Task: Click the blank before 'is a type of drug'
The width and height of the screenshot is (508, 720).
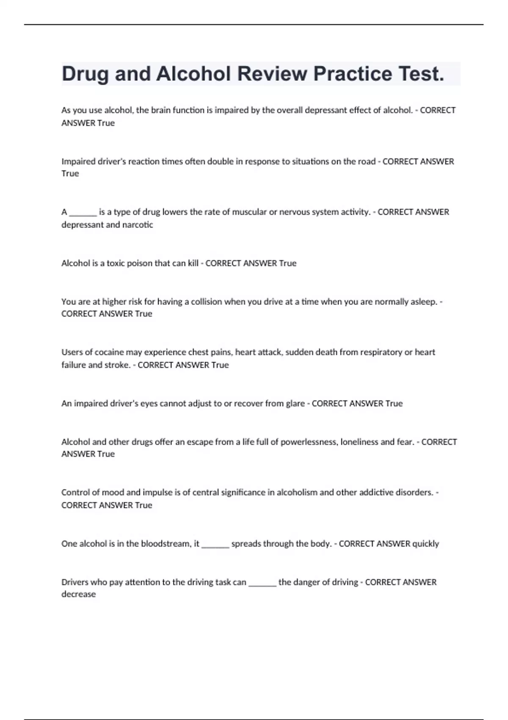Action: pos(83,212)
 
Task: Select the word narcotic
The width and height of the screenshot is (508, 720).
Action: pos(138,224)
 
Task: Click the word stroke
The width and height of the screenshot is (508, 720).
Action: pos(117,365)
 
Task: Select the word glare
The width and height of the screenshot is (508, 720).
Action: pos(295,403)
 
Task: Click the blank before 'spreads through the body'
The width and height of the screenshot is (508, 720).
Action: pos(215,544)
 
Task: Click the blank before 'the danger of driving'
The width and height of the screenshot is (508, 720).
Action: pos(262,582)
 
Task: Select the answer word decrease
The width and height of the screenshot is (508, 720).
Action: pos(79,594)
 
